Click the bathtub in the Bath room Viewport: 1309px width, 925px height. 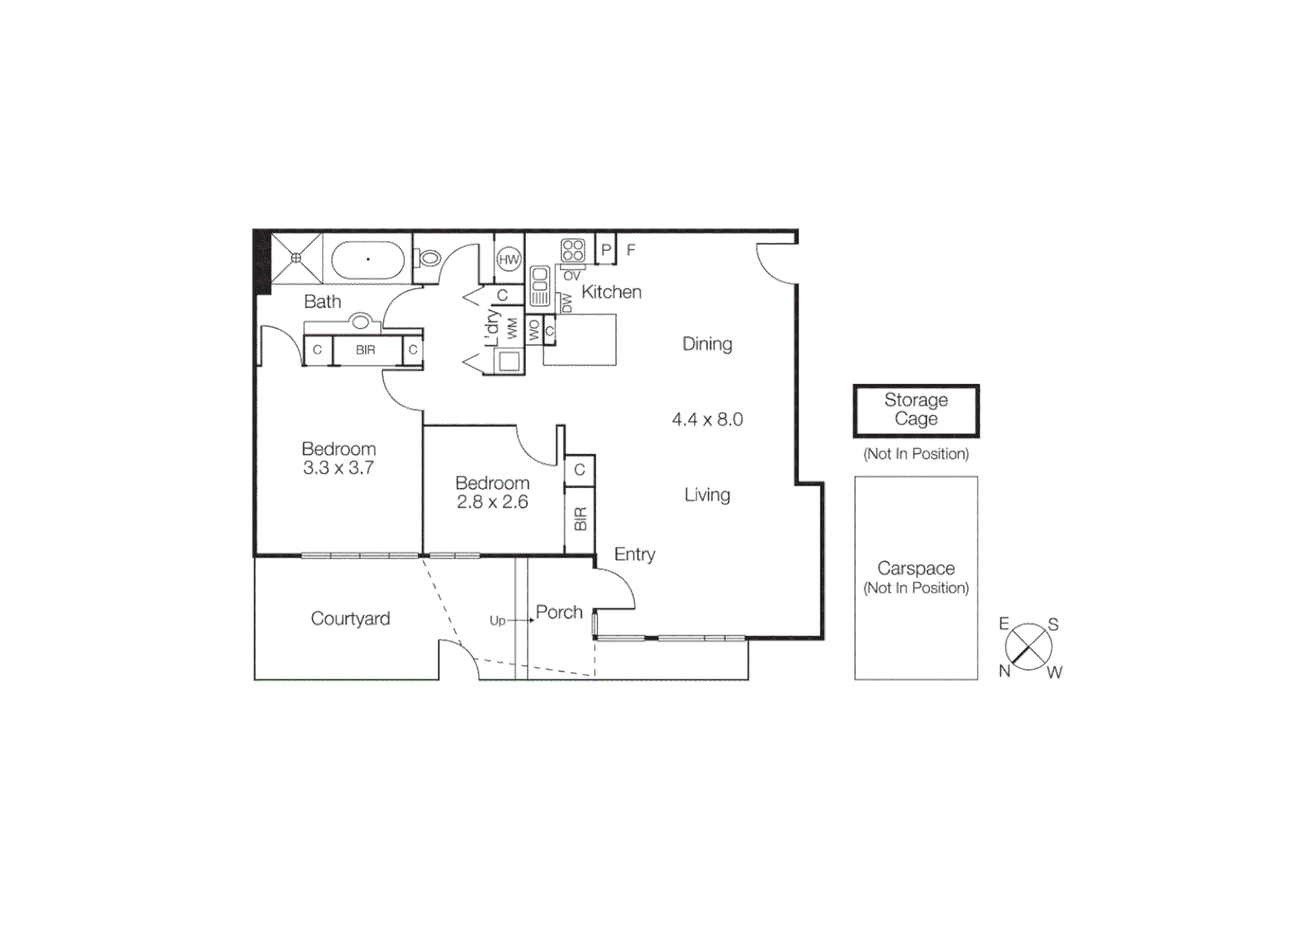click(x=368, y=259)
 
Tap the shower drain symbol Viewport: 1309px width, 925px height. click(x=296, y=258)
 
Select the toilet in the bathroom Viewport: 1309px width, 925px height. click(x=427, y=257)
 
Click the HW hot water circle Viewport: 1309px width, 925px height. click(x=509, y=259)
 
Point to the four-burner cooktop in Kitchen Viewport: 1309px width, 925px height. click(x=572, y=250)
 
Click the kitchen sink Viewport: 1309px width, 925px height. click(x=540, y=285)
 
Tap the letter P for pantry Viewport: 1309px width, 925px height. click(x=606, y=250)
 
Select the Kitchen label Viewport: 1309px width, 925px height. click(x=611, y=292)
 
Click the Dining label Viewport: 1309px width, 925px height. click(x=707, y=344)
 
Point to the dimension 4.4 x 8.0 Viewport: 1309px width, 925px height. click(x=707, y=420)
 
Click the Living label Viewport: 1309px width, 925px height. click(x=707, y=495)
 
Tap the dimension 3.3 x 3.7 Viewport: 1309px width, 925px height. click(x=338, y=468)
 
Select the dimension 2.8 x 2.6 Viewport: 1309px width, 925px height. click(x=492, y=503)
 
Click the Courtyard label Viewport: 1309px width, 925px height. click(x=350, y=618)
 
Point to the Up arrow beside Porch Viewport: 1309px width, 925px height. click(x=519, y=620)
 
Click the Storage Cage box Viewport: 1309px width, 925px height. click(x=916, y=410)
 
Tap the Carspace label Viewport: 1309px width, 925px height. click(x=916, y=568)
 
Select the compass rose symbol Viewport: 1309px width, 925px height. click(x=1028, y=647)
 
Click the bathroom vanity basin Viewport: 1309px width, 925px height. click(x=361, y=322)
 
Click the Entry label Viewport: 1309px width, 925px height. click(x=634, y=555)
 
